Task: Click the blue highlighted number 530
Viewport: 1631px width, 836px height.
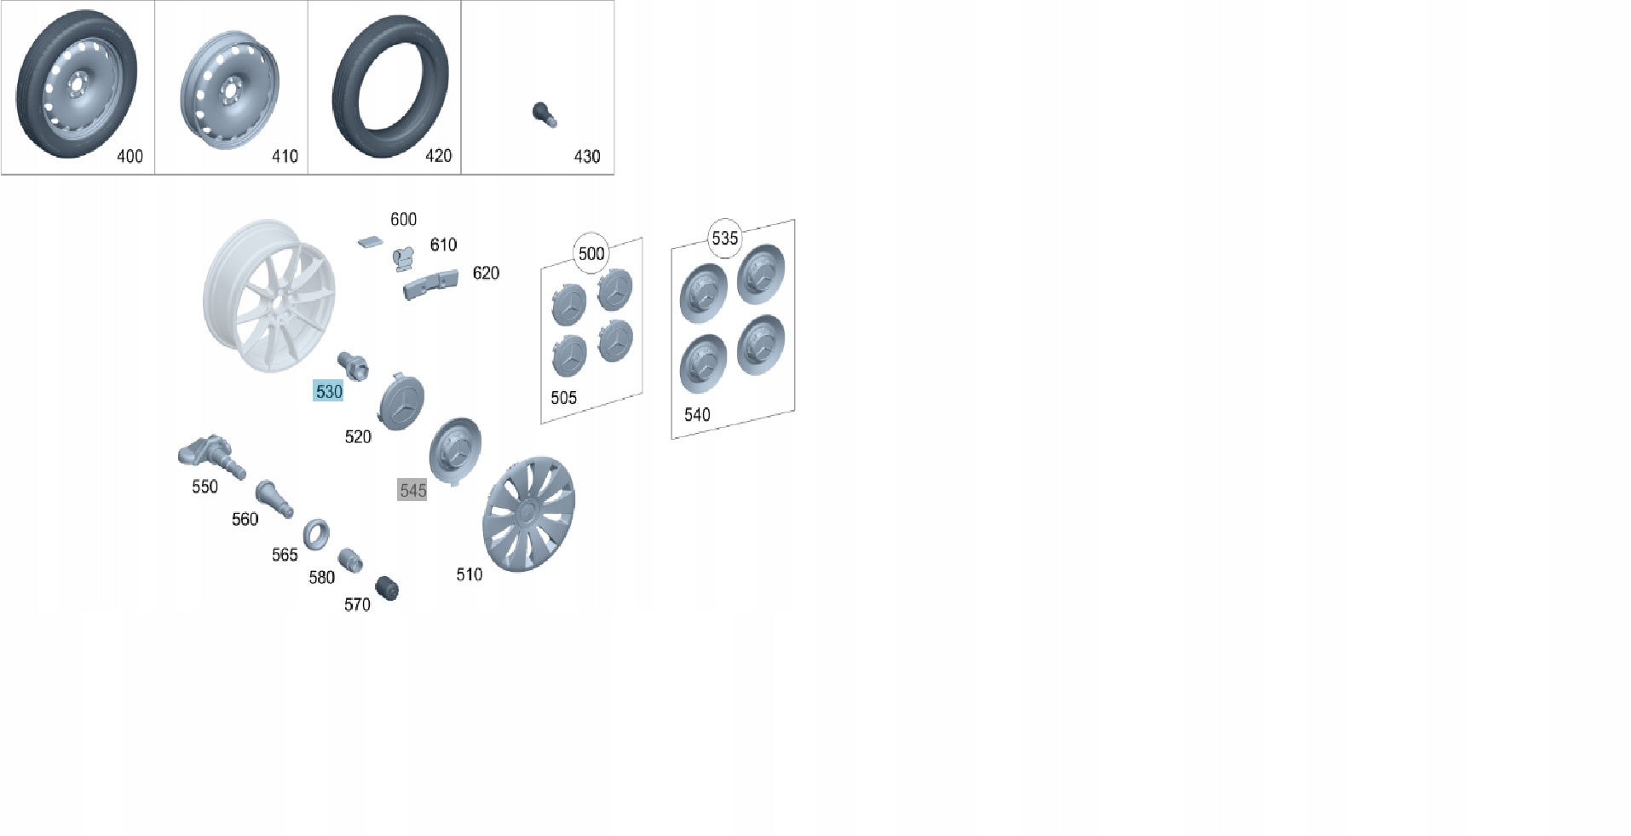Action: pyautogui.click(x=328, y=392)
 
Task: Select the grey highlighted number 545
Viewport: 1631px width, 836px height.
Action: pyautogui.click(x=412, y=490)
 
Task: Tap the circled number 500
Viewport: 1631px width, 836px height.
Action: pyautogui.click(x=591, y=253)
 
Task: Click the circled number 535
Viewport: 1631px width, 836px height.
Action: pyautogui.click(x=725, y=238)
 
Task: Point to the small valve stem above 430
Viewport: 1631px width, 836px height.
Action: pyautogui.click(x=544, y=114)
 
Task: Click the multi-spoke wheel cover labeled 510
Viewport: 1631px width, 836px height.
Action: pyautogui.click(x=529, y=514)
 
